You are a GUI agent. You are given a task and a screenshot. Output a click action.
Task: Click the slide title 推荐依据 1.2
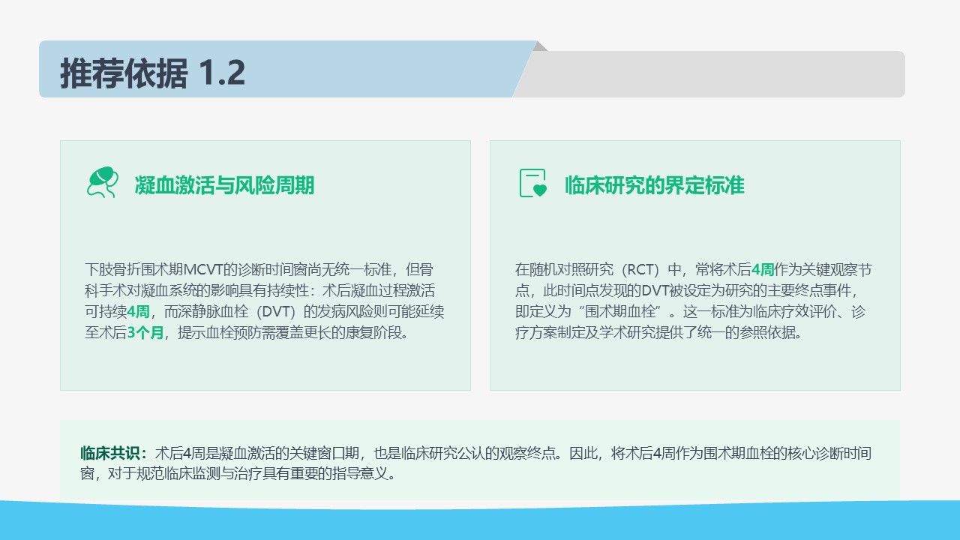pyautogui.click(x=152, y=73)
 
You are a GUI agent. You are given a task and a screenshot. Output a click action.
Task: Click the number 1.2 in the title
pyautogui.click(x=222, y=73)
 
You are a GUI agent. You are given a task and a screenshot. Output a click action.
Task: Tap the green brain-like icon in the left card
pyautogui.click(x=103, y=182)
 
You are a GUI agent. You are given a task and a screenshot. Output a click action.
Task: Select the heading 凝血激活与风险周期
pyautogui.click(x=224, y=185)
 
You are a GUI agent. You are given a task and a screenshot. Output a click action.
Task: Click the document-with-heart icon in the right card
pyautogui.click(x=533, y=183)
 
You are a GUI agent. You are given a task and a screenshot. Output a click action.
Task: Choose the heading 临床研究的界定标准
pyautogui.click(x=655, y=185)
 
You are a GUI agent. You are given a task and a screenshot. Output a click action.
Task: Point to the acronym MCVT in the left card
pyautogui.click(x=203, y=269)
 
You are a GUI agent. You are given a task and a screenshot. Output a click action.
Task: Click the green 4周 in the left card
pyautogui.click(x=138, y=311)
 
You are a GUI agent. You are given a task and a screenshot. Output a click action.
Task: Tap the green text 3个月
pyautogui.click(x=145, y=332)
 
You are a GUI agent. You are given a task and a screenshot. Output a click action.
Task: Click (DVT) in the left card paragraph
pyautogui.click(x=276, y=311)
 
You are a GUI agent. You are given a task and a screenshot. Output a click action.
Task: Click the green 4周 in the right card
pyautogui.click(x=763, y=269)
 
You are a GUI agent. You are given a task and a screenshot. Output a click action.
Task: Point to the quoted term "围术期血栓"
pyautogui.click(x=621, y=311)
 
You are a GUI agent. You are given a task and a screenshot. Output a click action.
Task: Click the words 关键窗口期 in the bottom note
pyautogui.click(x=324, y=453)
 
